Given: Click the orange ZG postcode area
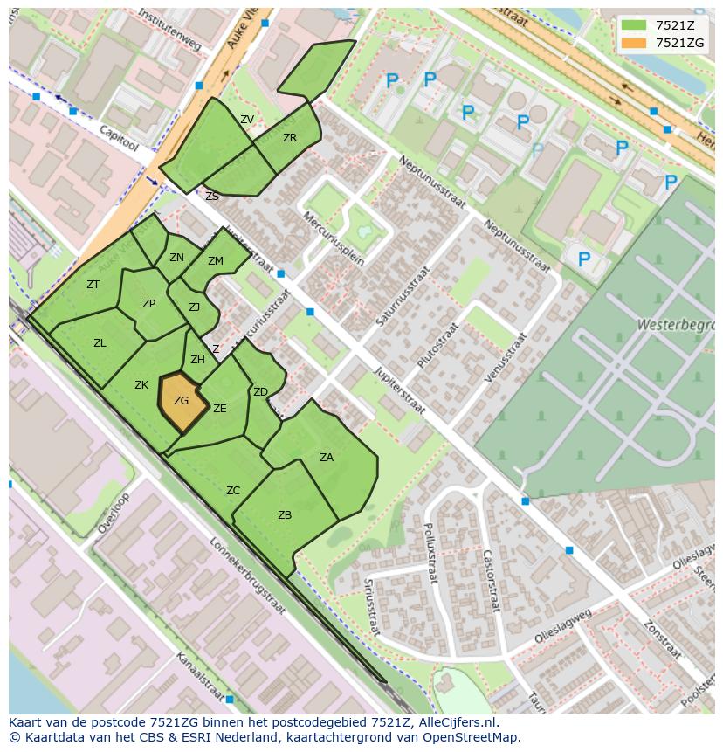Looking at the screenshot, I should (182, 402).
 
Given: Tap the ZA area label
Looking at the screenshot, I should (327, 457).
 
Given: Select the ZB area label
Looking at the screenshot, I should (285, 515).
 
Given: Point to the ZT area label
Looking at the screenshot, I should (93, 285).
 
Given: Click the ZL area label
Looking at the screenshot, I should (100, 343).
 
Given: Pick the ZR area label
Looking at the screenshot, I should (290, 138).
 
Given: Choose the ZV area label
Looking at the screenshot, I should (247, 120).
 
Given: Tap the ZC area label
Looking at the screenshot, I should (233, 491).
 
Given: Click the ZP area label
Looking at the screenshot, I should (148, 304).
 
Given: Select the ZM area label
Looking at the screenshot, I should (216, 261).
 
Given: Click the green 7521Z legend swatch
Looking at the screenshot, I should (635, 24).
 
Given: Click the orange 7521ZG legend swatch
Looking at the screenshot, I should (635, 42).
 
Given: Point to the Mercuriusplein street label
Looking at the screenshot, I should (333, 237).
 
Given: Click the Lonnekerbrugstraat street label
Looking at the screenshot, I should (248, 576).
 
